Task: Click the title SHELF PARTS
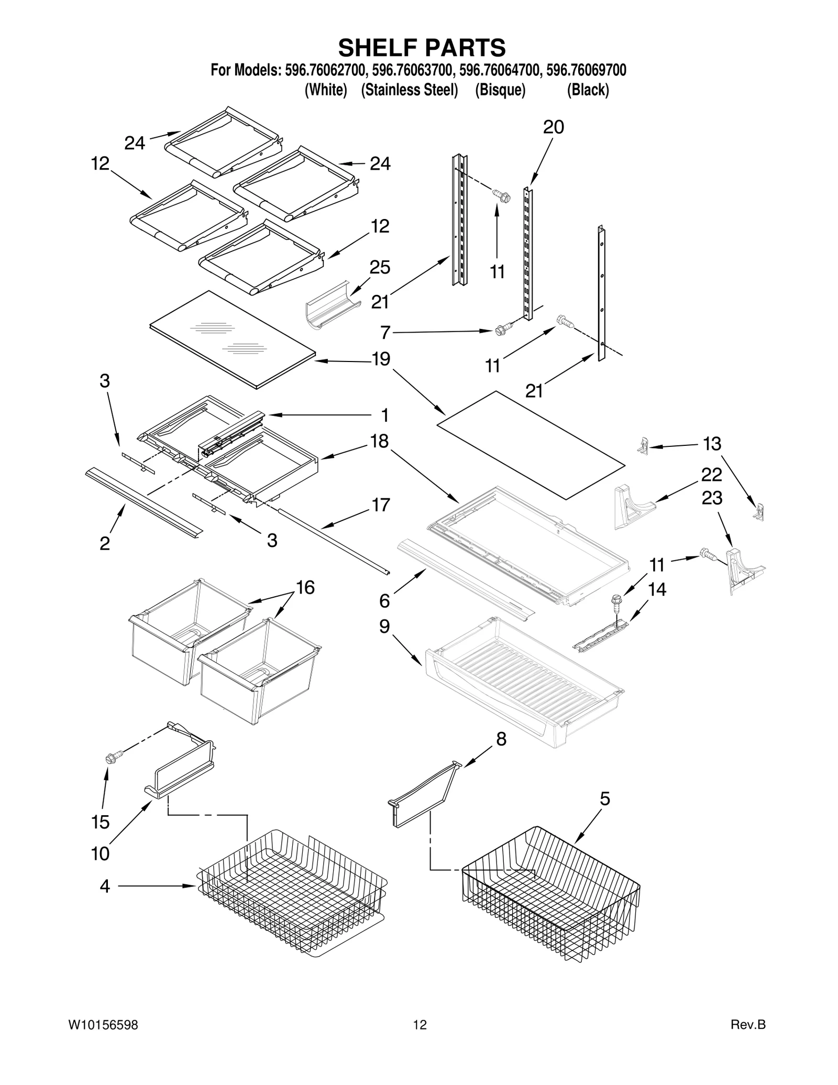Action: pyautogui.click(x=422, y=48)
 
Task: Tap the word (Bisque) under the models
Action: pyautogui.click(x=500, y=90)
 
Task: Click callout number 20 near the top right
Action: pyautogui.click(x=553, y=127)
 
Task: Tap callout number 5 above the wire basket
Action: pyautogui.click(x=604, y=799)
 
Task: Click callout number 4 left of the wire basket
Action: pyautogui.click(x=105, y=886)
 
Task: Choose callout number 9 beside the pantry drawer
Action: pyautogui.click(x=384, y=626)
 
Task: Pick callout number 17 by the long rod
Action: pyautogui.click(x=381, y=505)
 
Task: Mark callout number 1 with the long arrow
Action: pyautogui.click(x=385, y=415)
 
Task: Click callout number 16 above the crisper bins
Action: pyautogui.click(x=305, y=587)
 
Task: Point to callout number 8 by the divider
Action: pyautogui.click(x=501, y=739)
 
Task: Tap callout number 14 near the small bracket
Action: pyautogui.click(x=657, y=589)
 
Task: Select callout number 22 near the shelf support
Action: pyautogui.click(x=712, y=475)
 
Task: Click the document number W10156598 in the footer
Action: pyautogui.click(x=103, y=1039)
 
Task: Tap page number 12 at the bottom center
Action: pyautogui.click(x=420, y=1039)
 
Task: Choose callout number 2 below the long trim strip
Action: pyautogui.click(x=105, y=543)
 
